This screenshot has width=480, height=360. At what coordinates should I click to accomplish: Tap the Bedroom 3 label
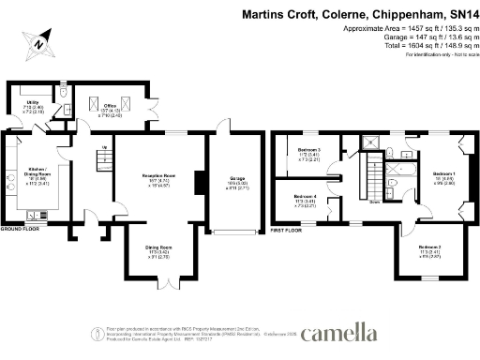coord(309,150)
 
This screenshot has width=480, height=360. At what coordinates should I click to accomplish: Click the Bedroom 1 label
coord(444,174)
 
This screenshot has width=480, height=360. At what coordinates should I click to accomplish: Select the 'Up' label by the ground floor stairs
coord(103,148)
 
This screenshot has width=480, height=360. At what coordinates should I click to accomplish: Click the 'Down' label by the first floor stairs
coord(374,201)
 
